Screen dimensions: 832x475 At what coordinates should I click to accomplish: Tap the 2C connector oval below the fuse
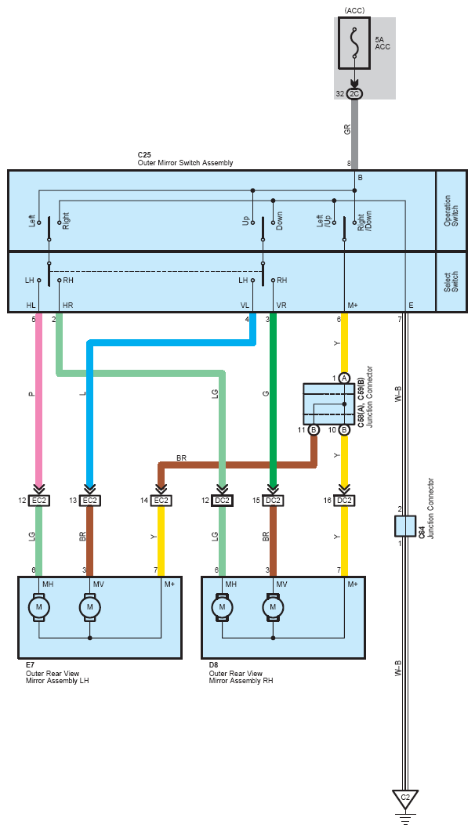point(354,94)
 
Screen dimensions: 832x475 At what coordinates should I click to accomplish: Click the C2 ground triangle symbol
point(405,799)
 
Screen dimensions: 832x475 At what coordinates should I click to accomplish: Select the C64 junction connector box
point(405,526)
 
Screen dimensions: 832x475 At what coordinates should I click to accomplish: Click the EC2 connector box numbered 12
point(39,500)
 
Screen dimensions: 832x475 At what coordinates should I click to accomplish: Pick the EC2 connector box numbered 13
point(90,500)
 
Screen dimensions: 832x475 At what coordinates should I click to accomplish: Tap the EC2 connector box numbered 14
point(161,500)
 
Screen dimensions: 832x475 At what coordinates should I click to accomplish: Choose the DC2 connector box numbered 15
point(274,500)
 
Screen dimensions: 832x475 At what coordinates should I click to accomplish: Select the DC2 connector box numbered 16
point(344,500)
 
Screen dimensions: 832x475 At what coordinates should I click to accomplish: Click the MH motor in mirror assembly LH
point(39,607)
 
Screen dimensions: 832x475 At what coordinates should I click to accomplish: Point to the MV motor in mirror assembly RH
point(274,607)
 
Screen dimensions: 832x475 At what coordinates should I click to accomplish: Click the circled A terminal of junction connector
point(344,378)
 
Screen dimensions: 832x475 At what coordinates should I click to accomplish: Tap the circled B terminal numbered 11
point(314,430)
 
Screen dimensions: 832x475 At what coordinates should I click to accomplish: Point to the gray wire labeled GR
point(354,133)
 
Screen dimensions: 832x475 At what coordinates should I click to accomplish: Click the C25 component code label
point(143,156)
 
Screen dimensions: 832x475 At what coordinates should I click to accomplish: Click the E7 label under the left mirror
point(31,665)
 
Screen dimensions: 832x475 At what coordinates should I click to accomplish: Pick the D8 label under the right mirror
point(214,665)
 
